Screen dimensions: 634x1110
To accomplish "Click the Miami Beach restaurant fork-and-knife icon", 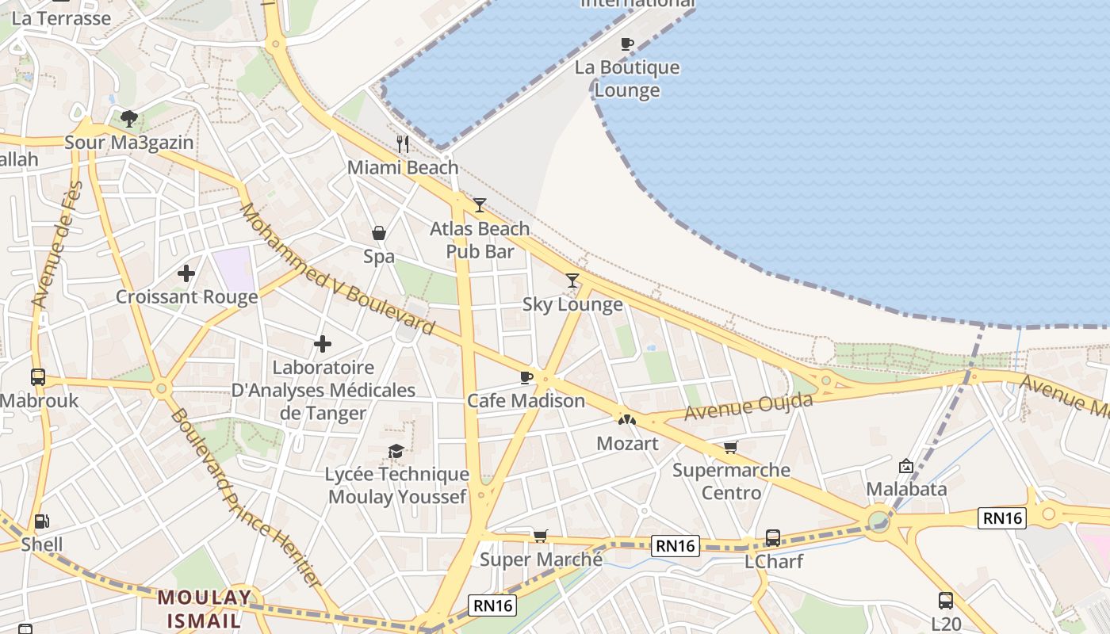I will [x=403, y=143].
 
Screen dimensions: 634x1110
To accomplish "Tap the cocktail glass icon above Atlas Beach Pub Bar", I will [x=479, y=205].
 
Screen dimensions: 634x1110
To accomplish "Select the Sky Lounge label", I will [x=572, y=304].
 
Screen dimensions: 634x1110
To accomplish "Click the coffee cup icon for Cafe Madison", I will [x=526, y=377].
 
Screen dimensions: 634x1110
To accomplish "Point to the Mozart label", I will [x=627, y=443].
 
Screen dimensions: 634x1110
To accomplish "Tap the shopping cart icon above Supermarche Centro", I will [x=730, y=447].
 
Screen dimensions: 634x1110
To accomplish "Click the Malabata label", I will [x=906, y=489].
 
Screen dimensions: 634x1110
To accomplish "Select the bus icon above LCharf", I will [x=772, y=538].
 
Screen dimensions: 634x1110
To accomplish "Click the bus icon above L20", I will [x=945, y=600].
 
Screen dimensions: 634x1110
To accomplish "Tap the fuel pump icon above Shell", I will [x=41, y=521].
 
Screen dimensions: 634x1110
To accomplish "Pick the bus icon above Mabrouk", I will [x=38, y=376].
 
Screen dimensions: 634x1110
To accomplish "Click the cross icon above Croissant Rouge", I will [x=186, y=273].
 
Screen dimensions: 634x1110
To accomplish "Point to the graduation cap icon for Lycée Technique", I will [x=396, y=451].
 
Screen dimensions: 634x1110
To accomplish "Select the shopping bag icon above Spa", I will [x=379, y=233].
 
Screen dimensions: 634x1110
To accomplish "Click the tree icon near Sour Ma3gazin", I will [x=129, y=119].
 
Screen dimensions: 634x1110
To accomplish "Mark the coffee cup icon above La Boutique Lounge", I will [x=627, y=44].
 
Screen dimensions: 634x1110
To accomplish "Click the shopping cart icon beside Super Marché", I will [x=540, y=536].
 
